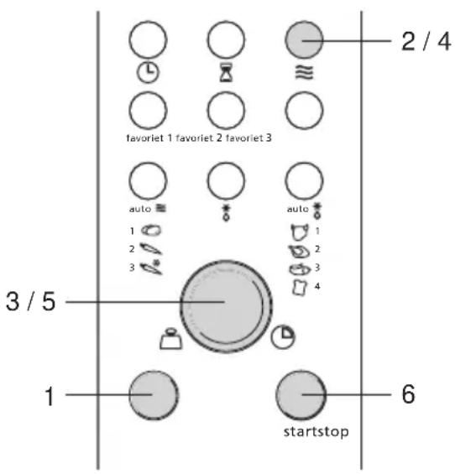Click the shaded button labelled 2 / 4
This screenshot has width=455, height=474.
[304, 39]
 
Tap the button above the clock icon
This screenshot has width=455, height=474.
[148, 39]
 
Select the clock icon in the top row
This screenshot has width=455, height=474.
[148, 72]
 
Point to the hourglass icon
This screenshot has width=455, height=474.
[226, 72]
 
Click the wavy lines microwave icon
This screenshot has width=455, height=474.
[304, 72]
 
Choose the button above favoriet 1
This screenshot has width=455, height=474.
[148, 111]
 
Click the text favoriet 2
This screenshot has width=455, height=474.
[199, 138]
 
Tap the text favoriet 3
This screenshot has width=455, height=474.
[248, 138]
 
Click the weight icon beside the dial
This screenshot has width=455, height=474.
[171, 339]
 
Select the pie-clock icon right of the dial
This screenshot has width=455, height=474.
[283, 336]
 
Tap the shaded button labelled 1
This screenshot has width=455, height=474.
[154, 395]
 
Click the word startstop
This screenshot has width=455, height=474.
[316, 432]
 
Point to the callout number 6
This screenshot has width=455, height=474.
[408, 394]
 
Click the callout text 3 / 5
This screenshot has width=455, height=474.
[31, 301]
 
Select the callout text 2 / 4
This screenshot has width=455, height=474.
[426, 41]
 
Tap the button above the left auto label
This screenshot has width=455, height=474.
[148, 181]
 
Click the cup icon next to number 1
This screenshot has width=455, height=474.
[300, 232]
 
